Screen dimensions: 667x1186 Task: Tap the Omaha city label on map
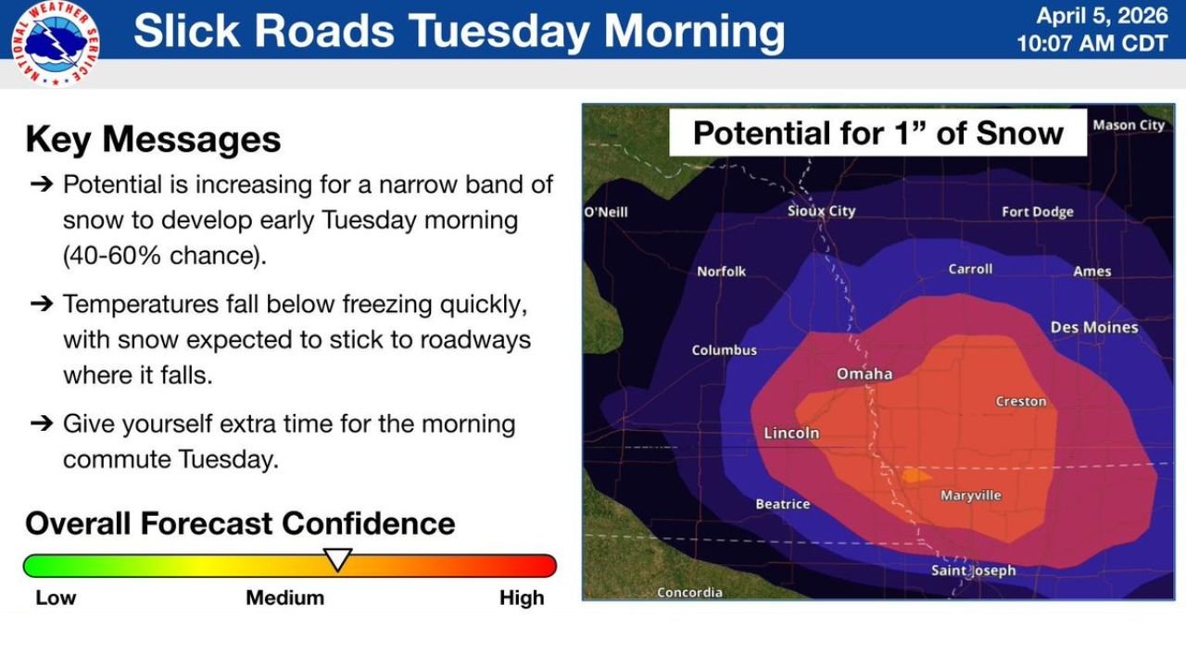(x=864, y=374)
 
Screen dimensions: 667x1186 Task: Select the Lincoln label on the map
(x=791, y=433)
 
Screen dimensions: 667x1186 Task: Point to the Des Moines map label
(x=1094, y=328)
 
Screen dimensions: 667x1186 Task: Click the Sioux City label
(x=821, y=211)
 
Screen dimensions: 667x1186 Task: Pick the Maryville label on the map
(x=970, y=496)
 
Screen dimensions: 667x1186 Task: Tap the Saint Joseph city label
(x=973, y=571)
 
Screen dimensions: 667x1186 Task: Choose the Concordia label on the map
(x=689, y=592)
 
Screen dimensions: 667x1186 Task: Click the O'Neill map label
(x=606, y=212)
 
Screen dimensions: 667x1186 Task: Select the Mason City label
(x=1128, y=125)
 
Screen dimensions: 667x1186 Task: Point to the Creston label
(x=1021, y=401)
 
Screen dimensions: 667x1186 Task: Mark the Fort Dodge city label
(x=1037, y=212)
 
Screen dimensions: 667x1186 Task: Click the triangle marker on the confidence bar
(x=337, y=560)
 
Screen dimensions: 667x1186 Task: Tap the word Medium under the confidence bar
(x=284, y=598)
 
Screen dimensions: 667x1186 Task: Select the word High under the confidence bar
(x=522, y=598)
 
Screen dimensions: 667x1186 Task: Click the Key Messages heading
(x=153, y=139)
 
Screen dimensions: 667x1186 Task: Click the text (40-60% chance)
(x=164, y=257)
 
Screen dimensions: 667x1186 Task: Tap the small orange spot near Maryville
(x=915, y=475)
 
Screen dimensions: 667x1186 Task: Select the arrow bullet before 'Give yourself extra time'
(x=41, y=423)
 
